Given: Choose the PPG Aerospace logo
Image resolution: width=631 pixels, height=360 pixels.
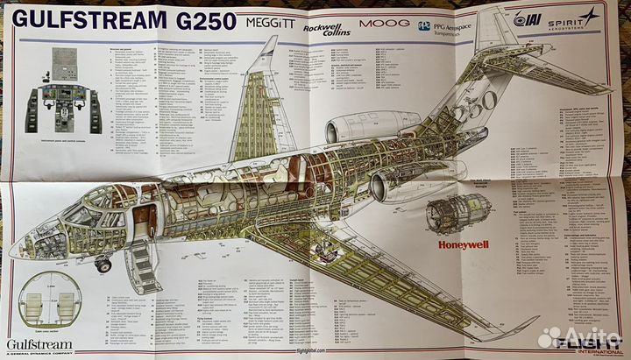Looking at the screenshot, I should [450, 26].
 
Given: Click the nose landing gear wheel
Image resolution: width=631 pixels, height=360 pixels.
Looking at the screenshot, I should [104, 264].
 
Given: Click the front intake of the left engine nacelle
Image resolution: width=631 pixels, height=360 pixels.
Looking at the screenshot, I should [330, 131].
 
